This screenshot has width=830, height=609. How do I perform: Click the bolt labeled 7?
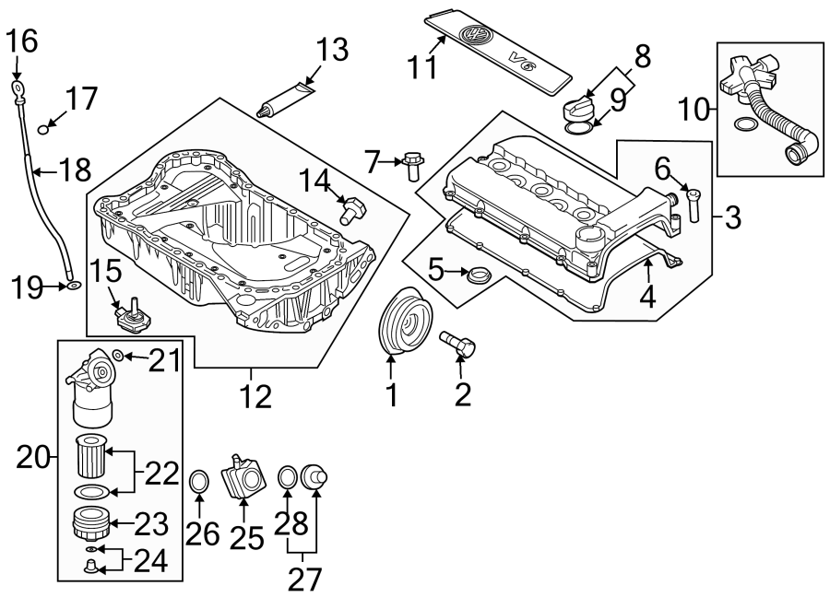[x=411, y=166]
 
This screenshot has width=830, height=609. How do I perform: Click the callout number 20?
[x=35, y=456]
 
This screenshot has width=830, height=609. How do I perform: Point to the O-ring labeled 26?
[x=199, y=480]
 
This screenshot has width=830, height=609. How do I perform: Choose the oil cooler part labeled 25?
[x=243, y=477]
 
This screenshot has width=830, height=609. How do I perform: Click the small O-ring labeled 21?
[x=118, y=355]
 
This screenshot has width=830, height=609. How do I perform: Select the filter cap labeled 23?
[x=91, y=524]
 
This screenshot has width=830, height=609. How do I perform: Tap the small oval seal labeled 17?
[x=43, y=129]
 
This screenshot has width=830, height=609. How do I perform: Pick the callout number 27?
[x=305, y=578]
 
